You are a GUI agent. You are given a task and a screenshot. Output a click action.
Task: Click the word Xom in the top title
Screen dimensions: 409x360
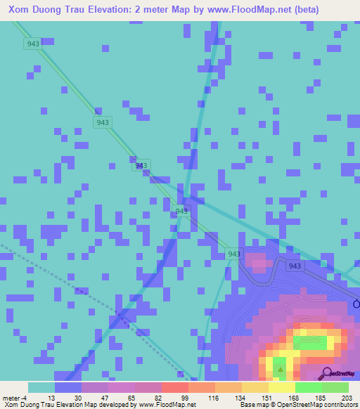(x=21, y=10)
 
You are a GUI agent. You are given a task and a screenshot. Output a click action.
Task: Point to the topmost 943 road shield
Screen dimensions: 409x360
(x=32, y=44)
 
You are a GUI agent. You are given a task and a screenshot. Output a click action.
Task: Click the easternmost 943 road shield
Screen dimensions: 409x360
(x=295, y=266)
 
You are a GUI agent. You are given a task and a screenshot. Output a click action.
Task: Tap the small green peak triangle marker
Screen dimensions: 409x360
(x=281, y=368)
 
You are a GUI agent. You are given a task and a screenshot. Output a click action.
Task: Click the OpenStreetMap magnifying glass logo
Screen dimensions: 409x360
(x=326, y=373)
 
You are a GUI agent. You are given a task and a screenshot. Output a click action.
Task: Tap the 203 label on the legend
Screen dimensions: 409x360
(x=345, y=398)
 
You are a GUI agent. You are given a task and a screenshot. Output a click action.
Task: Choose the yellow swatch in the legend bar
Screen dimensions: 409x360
(x=281, y=387)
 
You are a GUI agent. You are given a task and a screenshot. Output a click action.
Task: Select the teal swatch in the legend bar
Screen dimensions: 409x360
(x=41, y=387)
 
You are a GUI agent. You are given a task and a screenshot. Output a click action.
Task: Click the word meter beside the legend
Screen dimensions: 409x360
(x=11, y=398)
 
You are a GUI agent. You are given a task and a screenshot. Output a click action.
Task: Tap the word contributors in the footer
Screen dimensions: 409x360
(x=336, y=405)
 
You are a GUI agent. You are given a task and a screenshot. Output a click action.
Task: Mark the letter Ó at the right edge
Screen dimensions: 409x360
(x=356, y=304)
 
